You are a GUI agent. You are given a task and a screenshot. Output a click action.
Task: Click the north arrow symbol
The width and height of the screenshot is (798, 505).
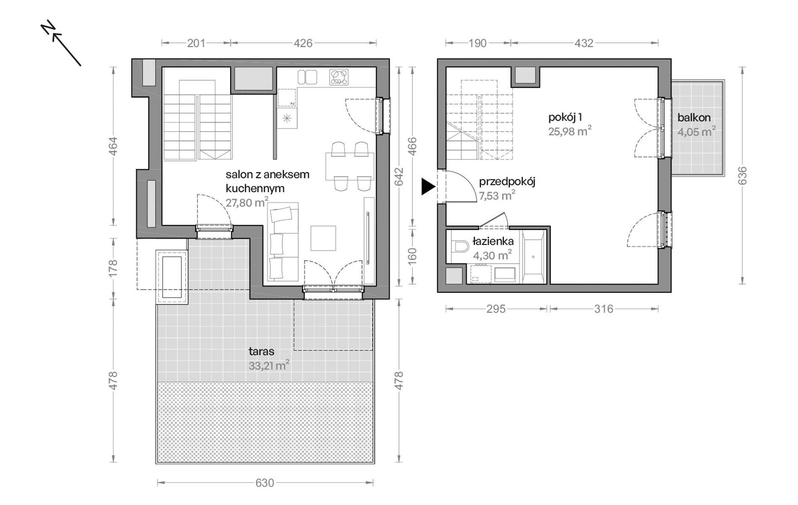61,43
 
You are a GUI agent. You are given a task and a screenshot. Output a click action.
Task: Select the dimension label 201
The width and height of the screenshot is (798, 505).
196,43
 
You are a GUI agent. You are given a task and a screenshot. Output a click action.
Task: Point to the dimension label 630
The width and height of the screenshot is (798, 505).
265,483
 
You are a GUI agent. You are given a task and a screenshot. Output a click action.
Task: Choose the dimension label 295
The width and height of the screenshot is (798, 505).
496,309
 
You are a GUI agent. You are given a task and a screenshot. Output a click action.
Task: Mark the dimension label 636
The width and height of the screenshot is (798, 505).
743,176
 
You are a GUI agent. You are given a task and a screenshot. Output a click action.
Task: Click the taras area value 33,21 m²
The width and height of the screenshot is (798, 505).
269,365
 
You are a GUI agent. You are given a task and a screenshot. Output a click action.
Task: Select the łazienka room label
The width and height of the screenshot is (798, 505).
493,241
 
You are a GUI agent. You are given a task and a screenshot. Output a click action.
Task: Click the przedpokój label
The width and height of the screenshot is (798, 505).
507,182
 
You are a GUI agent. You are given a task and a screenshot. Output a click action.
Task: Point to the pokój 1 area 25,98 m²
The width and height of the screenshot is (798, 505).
570,131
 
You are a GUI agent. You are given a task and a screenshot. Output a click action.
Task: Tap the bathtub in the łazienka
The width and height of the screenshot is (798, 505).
533,256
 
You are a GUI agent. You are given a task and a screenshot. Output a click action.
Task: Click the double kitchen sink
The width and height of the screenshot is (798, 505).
307,77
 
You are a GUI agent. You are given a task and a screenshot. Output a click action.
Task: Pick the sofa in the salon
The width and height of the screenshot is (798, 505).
283,241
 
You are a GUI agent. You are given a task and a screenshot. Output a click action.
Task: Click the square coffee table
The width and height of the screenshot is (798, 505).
323,238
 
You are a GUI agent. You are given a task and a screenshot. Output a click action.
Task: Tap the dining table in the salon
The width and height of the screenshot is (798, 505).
350,167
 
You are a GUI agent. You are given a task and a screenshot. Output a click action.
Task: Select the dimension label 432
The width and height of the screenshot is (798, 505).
584,43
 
